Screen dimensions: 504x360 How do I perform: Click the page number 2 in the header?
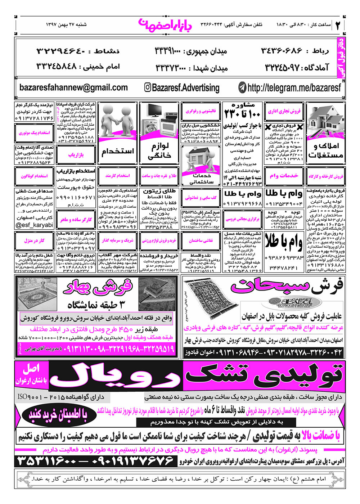(x=338, y=25)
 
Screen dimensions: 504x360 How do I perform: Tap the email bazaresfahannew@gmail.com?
(x=73, y=87)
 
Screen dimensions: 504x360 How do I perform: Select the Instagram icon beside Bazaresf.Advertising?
(x=148, y=87)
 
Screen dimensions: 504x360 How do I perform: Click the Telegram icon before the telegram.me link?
(x=243, y=87)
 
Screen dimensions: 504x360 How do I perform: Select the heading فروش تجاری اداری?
(x=284, y=112)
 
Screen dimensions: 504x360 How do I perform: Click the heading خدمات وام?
(x=284, y=176)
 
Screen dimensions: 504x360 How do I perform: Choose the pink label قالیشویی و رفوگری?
(x=201, y=112)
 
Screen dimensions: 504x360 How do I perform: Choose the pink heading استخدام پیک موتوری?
(x=34, y=133)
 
